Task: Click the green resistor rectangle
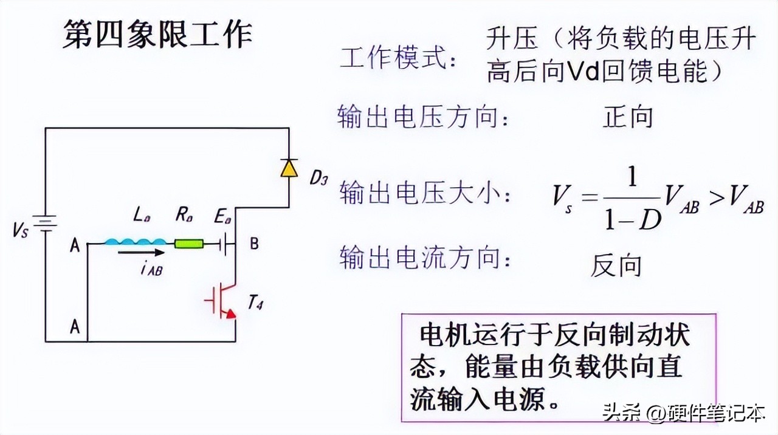(189, 244)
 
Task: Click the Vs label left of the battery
(19, 231)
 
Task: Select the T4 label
(255, 303)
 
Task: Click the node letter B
(254, 244)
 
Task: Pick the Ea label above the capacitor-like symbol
(222, 216)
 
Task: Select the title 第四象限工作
(157, 35)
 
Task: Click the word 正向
(627, 117)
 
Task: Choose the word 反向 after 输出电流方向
(616, 266)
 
